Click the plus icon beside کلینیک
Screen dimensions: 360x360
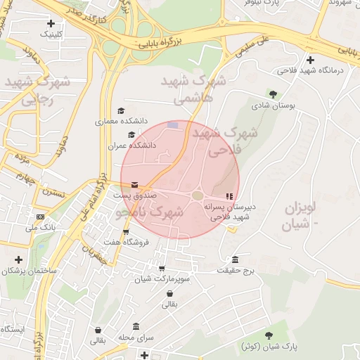(51, 23)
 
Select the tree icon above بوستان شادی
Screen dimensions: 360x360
(273, 94)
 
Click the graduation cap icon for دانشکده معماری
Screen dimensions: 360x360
(121, 111)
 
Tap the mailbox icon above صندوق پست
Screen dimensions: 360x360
(134, 184)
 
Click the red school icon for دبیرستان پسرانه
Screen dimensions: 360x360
(227, 195)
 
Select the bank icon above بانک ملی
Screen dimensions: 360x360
(40, 217)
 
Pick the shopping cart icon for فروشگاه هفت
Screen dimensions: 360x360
(126, 232)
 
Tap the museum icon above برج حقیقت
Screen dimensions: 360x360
(234, 259)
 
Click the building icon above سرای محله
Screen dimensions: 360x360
(136, 326)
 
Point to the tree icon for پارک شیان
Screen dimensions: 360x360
(269, 335)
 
